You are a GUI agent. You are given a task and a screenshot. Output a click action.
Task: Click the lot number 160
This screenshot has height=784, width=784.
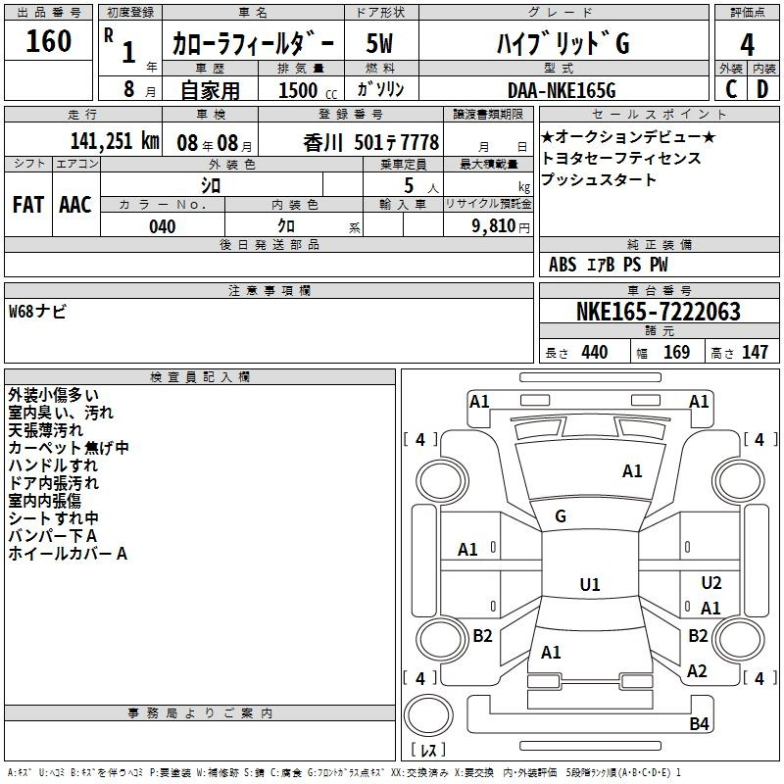coord(48,41)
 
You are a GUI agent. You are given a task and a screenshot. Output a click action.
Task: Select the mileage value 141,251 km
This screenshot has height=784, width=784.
coord(115,141)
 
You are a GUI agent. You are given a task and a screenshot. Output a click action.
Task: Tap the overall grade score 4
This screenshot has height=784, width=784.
coord(747,45)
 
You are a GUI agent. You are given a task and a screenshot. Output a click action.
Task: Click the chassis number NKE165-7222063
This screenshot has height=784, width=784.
coord(658,312)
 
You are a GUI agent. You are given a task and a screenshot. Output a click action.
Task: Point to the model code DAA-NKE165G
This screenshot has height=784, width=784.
coord(562,90)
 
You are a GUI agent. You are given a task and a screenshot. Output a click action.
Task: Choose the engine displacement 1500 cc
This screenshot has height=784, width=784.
coord(308,90)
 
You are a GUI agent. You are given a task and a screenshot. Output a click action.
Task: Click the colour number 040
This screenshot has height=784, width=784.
coord(163,226)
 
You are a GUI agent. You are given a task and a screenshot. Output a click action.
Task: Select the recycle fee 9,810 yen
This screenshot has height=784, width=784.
coord(501,226)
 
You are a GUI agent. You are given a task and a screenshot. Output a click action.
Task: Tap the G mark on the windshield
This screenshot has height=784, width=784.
coord(561,516)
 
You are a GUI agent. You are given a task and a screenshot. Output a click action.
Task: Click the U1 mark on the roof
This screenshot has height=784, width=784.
coord(590,584)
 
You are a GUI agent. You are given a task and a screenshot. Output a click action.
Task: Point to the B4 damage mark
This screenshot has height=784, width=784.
coord(699,723)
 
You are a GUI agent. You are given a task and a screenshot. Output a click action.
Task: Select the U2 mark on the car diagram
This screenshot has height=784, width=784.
coord(711,582)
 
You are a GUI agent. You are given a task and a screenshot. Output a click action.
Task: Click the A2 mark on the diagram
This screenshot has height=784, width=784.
coord(697,671)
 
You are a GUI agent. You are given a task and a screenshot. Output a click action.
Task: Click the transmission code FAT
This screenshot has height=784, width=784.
coord(28,205)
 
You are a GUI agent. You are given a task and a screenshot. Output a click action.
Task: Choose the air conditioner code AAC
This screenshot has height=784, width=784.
coord(75,205)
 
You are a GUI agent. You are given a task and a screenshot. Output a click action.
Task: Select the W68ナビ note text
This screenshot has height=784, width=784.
coord(37,312)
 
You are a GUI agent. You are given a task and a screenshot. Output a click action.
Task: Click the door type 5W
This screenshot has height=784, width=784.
coord(379,43)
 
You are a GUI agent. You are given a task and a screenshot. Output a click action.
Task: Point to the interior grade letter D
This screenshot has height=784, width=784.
coord(762,89)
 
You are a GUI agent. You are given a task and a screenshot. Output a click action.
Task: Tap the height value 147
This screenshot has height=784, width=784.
coord(755,352)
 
